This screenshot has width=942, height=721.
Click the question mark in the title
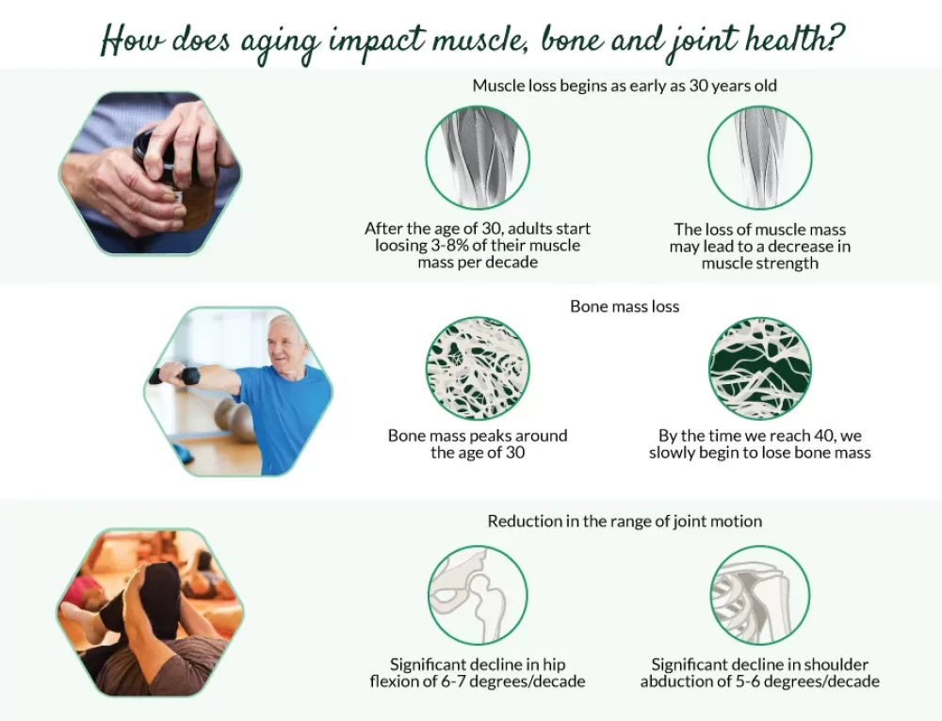(x=835, y=39)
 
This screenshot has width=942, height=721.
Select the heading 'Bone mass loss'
(x=625, y=307)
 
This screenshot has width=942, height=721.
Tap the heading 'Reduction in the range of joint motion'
(x=625, y=521)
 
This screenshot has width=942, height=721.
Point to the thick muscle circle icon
(x=478, y=158)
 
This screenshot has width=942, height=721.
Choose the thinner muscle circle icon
(x=760, y=158)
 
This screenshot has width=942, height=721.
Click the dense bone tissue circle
(x=478, y=368)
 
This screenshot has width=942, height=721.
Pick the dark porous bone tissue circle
(x=760, y=368)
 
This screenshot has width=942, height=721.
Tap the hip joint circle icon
(x=478, y=595)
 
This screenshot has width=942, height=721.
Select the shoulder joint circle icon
(x=760, y=595)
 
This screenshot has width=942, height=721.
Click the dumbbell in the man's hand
(x=174, y=376)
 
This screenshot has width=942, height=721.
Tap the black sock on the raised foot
(x=147, y=601)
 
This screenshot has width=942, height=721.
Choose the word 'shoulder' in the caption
(x=836, y=665)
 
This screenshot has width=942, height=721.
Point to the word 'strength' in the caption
(x=789, y=264)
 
